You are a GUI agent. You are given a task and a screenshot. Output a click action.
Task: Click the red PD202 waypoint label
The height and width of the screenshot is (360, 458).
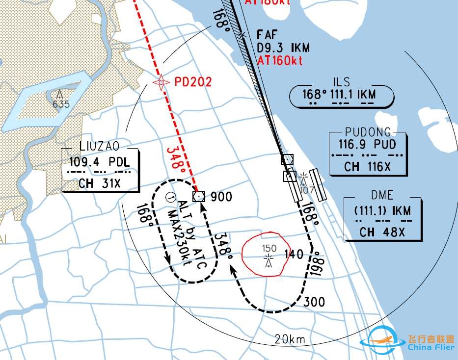pyautogui.click(x=193, y=81)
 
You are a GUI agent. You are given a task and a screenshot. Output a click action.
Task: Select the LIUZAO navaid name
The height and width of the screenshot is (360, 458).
pyautogui.click(x=98, y=146)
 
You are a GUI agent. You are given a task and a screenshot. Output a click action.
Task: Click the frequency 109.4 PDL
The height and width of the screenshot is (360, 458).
pyautogui.click(x=100, y=161)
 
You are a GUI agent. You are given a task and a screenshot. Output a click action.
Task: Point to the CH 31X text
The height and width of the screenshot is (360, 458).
pyautogui.click(x=100, y=183)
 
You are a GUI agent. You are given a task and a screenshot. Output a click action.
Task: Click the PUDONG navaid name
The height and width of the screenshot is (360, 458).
pyautogui.click(x=368, y=132)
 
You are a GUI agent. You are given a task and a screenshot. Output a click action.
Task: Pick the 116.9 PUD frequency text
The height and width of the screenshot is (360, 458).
pyautogui.click(x=367, y=145)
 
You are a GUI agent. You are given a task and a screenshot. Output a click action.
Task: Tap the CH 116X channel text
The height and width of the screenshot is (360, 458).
pyautogui.click(x=367, y=167)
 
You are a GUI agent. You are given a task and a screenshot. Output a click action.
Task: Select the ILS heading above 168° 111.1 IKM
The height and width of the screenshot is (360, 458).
pyautogui.click(x=341, y=81)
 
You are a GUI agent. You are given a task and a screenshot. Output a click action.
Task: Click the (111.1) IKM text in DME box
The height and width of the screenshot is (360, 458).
pyautogui.click(x=382, y=210)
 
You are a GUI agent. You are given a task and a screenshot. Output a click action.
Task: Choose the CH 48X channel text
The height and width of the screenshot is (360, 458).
pyautogui.click(x=382, y=232)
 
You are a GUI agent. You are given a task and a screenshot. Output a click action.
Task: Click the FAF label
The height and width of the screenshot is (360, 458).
pyautogui.click(x=267, y=34)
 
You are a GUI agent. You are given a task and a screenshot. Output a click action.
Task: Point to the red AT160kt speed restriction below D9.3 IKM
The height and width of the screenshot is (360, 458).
pyautogui.click(x=280, y=60)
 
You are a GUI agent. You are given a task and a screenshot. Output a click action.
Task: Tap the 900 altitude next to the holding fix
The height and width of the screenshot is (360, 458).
pyautogui.click(x=221, y=197)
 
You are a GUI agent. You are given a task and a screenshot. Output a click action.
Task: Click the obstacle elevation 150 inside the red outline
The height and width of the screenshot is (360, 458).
pyautogui.click(x=269, y=248)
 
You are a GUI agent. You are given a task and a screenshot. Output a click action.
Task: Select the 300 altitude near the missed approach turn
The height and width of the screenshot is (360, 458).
pyautogui.click(x=314, y=302)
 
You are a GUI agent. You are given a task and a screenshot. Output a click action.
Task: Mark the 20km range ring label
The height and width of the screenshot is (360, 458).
pyautogui.click(x=290, y=339)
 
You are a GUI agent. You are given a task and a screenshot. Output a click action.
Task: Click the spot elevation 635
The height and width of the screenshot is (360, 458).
pyautogui.click(x=61, y=104)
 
